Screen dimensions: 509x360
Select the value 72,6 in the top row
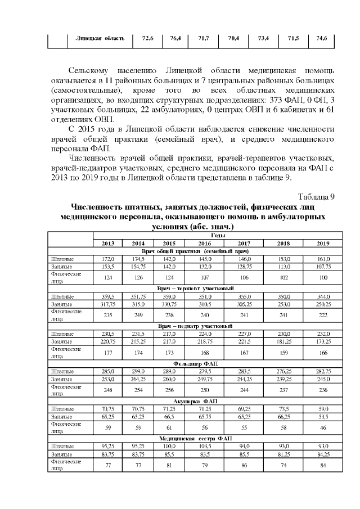coord(148,38)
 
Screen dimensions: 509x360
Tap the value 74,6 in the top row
coord(322,38)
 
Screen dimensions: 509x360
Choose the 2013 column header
coord(108,243)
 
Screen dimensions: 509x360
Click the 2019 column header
coord(323,243)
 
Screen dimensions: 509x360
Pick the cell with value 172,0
coord(108,258)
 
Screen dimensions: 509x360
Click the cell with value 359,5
coord(108,296)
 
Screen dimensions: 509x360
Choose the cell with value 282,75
coord(323,371)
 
